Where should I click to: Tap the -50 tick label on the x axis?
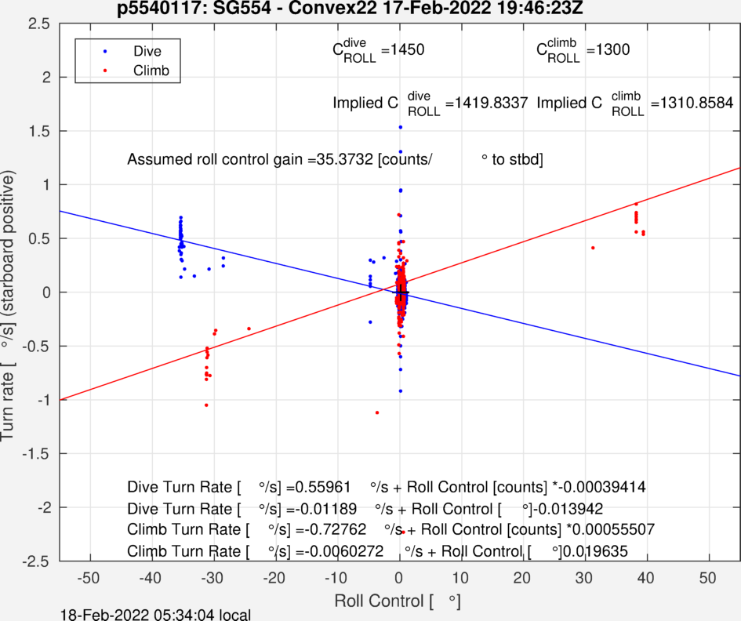pyautogui.click(x=89, y=579)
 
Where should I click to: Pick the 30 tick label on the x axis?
pyautogui.click(x=585, y=579)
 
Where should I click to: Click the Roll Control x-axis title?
pyautogui.click(x=396, y=602)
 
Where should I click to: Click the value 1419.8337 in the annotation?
pyautogui.click(x=486, y=103)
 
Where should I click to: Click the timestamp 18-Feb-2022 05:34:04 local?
pyautogui.click(x=156, y=614)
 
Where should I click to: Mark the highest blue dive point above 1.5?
pyautogui.click(x=400, y=127)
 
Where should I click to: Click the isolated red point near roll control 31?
pyautogui.click(x=593, y=248)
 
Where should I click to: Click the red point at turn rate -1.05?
pyautogui.click(x=206, y=405)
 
